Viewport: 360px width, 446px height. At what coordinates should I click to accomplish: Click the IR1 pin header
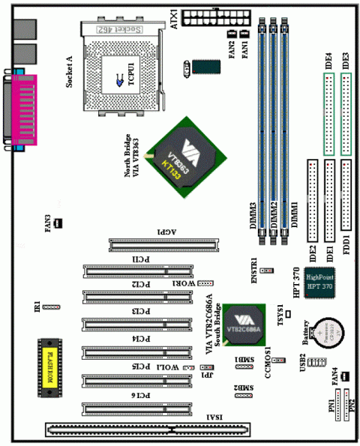[x=51, y=307]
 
